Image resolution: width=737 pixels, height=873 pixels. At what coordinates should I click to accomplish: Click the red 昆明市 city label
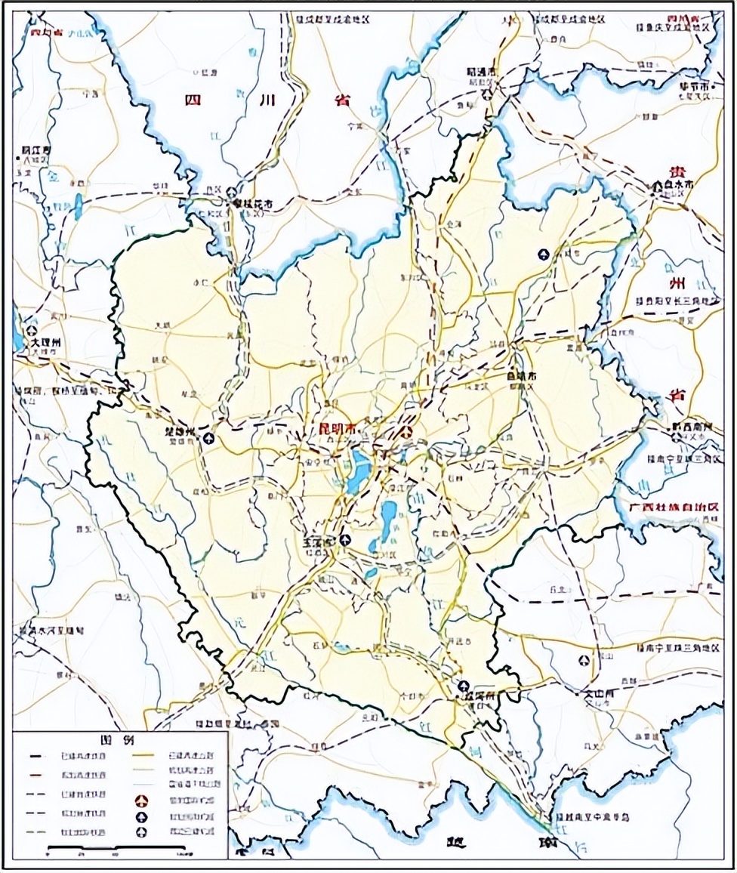[338, 429]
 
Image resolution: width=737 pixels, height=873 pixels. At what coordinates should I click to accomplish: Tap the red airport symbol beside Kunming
[406, 433]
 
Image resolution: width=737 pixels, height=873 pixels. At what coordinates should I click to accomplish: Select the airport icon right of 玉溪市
[345, 539]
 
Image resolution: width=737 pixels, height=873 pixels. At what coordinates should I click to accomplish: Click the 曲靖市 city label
[521, 375]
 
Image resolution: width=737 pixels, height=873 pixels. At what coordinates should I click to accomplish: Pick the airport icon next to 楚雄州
[208, 437]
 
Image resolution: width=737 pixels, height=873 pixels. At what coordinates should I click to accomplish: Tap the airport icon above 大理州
[32, 330]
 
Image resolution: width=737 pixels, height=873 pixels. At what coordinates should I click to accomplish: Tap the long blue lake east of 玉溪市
[388, 520]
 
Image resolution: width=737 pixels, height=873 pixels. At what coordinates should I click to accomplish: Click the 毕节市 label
[694, 88]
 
